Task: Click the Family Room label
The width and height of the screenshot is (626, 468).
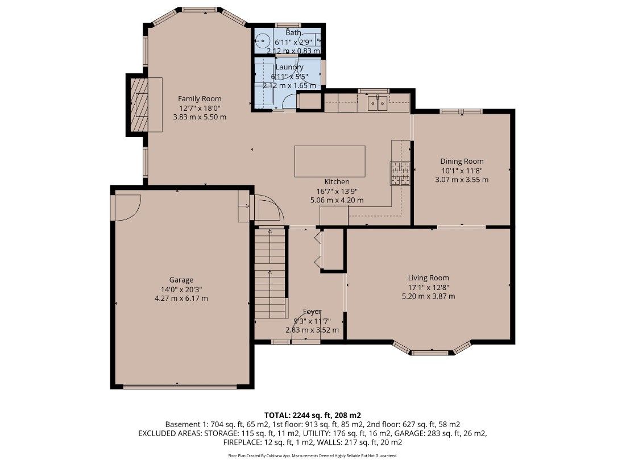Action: (x=200, y=98)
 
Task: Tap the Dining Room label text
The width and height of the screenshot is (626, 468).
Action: (x=462, y=161)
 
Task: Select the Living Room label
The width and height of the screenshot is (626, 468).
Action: (x=428, y=278)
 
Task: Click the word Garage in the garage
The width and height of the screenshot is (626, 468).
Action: (x=181, y=280)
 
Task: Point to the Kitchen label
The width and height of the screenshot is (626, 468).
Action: (x=337, y=182)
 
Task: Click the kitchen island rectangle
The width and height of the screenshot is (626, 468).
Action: (x=330, y=161)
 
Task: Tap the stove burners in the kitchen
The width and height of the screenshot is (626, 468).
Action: (x=400, y=173)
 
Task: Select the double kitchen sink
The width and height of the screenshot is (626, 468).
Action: (x=378, y=104)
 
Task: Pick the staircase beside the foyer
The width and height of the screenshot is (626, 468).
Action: (x=271, y=273)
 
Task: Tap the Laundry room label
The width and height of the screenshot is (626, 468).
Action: (x=289, y=67)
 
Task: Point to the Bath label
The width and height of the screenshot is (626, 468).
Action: (x=293, y=33)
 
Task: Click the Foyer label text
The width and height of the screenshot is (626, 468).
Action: (x=312, y=312)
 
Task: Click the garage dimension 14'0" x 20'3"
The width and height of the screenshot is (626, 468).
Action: (x=181, y=289)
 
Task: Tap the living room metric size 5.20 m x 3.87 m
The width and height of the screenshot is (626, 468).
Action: (x=428, y=296)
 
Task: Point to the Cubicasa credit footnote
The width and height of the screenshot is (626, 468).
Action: (x=313, y=455)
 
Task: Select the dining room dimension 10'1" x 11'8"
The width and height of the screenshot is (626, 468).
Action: (x=462, y=171)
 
